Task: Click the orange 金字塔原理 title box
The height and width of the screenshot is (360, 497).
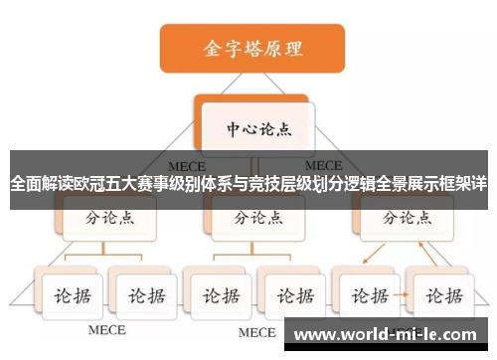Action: [252, 48]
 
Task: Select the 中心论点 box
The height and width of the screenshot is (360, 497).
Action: [254, 128]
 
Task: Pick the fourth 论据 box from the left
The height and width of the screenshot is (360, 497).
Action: [292, 294]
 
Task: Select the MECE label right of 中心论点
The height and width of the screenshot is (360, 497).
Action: [324, 164]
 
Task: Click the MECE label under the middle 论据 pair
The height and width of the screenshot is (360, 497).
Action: [255, 331]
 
